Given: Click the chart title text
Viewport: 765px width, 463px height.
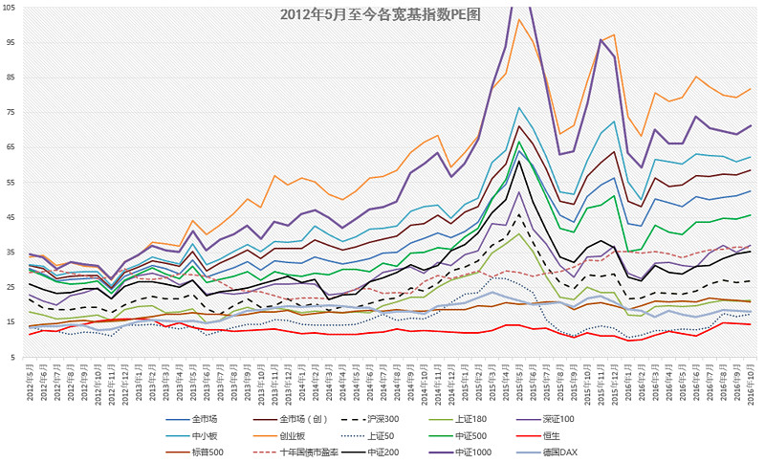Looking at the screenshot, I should [380, 14].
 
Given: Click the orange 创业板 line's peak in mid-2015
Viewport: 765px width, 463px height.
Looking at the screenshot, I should [518, 19].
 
